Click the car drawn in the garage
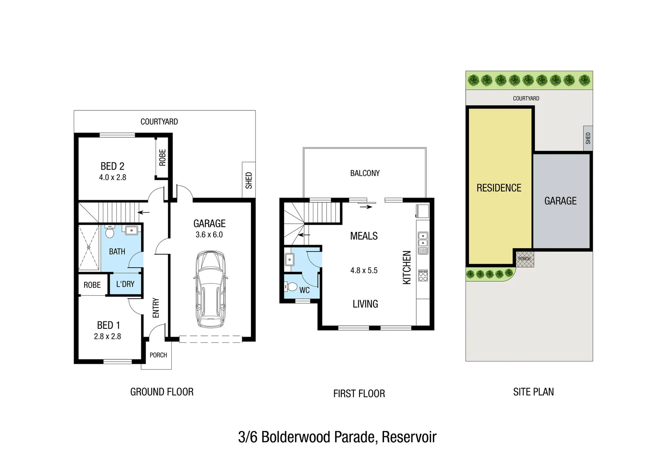[210, 289]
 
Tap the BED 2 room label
[112, 166]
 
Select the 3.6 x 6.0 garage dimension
[209, 235]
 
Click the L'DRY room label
[125, 284]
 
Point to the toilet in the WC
[291, 287]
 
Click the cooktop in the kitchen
[423, 275]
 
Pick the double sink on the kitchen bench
[423, 239]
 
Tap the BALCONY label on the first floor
[365, 173]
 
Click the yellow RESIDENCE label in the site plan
[499, 188]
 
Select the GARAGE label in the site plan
[561, 201]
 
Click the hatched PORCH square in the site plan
[524, 259]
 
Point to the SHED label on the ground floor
[249, 180]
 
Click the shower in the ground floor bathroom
[89, 247]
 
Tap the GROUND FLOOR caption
[162, 392]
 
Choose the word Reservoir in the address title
[409, 437]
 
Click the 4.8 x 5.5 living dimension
[364, 270]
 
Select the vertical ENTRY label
[156, 308]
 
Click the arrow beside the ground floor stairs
[143, 213]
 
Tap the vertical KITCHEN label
[407, 267]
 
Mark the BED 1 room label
[109, 325]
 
